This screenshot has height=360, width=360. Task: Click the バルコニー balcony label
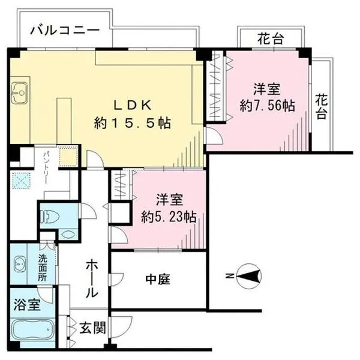click(65, 31)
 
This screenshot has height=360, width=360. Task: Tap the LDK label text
click(133, 106)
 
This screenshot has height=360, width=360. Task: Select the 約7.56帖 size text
click(267, 106)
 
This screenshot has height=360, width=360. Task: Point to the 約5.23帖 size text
click(169, 217)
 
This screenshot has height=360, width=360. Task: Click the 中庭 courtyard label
click(158, 279)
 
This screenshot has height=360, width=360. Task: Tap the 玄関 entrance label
click(93, 328)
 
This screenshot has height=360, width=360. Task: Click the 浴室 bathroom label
click(27, 305)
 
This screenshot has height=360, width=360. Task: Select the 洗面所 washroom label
click(43, 268)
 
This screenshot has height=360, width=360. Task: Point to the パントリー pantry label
click(46, 167)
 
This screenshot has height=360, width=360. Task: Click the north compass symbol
click(248, 276)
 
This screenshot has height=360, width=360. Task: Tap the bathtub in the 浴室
click(32, 330)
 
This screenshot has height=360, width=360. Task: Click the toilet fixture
click(50, 217)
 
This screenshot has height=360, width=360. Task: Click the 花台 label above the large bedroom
click(271, 39)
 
